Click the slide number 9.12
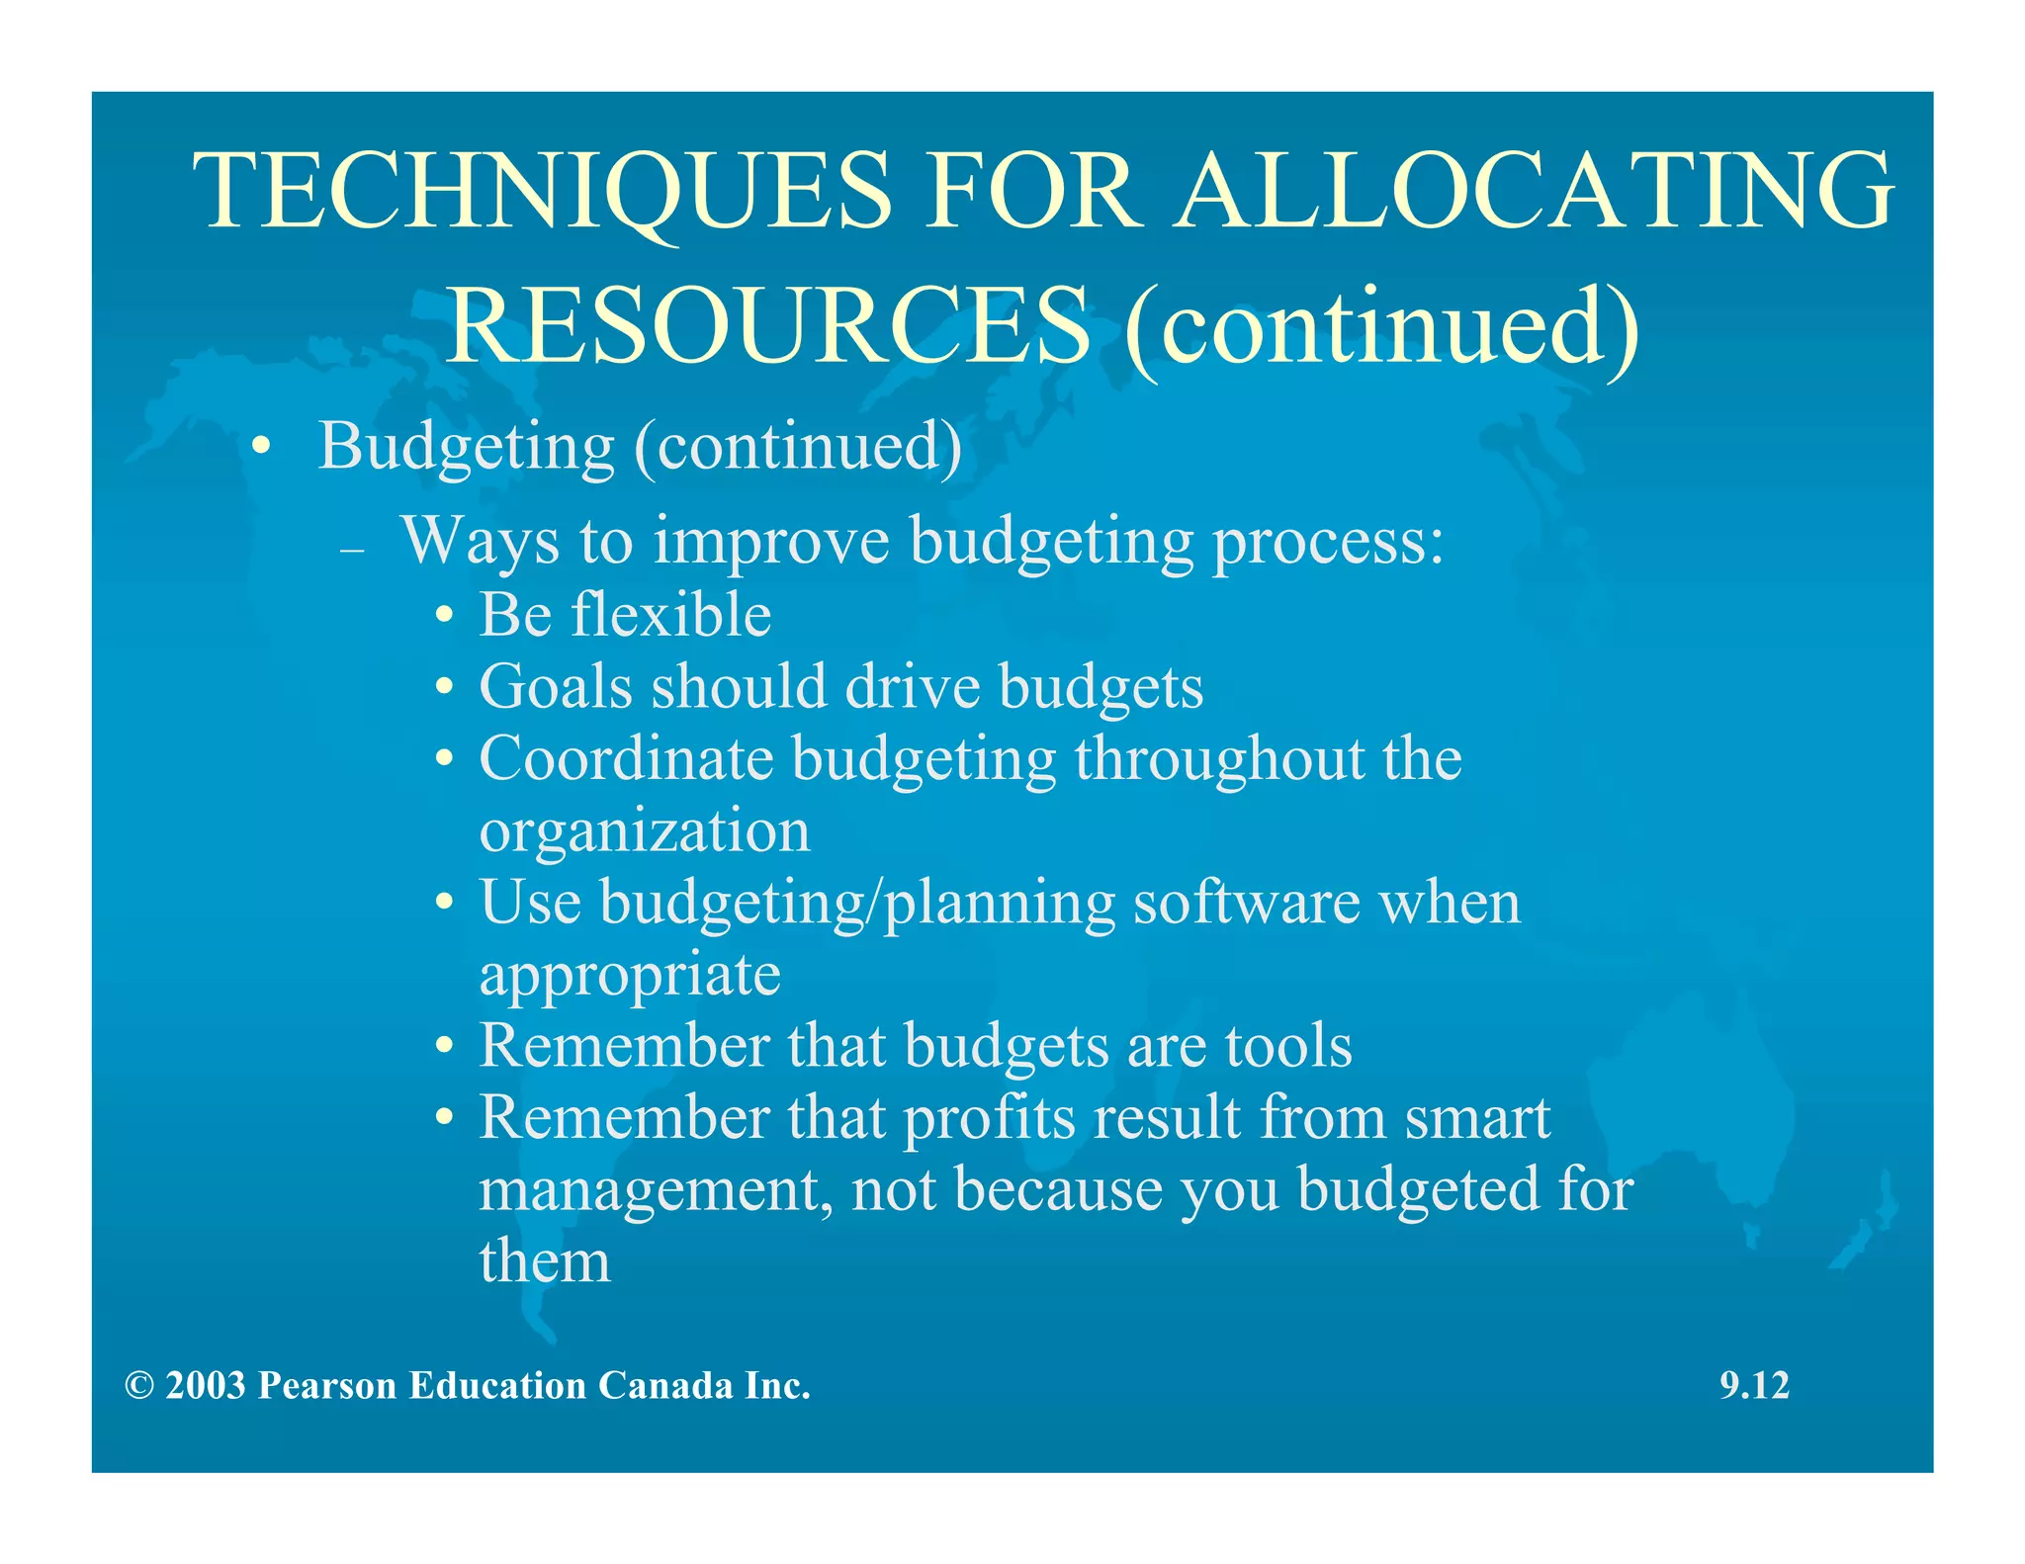pyautogui.click(x=1754, y=1385)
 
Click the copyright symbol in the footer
pyautogui.click(x=139, y=1386)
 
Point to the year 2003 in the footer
pyautogui.click(x=205, y=1386)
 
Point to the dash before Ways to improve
pyautogui.click(x=352, y=551)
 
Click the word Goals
pyautogui.click(x=555, y=687)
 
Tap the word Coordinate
pyautogui.click(x=626, y=759)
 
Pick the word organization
pyautogui.click(x=644, y=830)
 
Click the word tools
pyautogui.click(x=1287, y=1046)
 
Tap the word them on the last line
pyautogui.click(x=545, y=1262)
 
